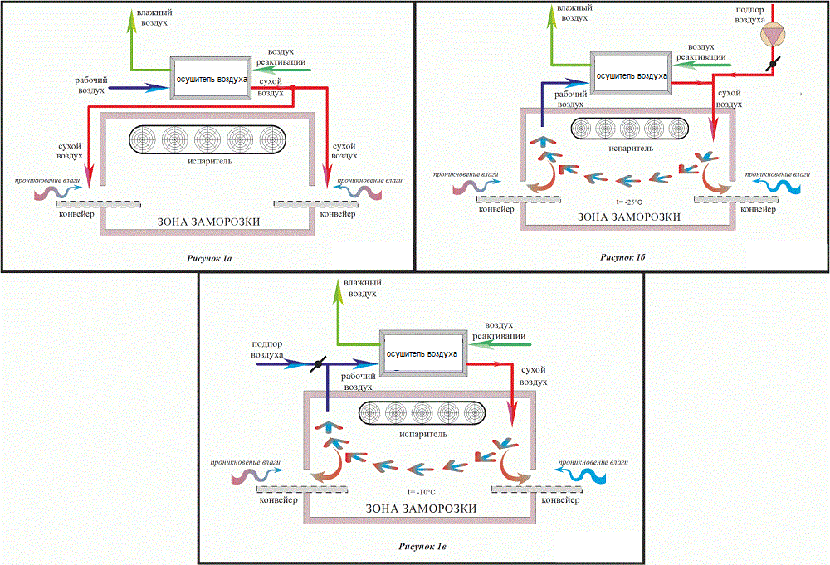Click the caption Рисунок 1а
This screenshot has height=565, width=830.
tap(209, 259)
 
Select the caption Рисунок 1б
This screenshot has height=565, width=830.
tap(622, 257)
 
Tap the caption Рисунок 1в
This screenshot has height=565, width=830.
tap(422, 547)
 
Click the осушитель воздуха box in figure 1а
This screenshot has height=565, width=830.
tap(211, 78)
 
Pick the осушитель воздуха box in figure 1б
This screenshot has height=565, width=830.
tap(632, 74)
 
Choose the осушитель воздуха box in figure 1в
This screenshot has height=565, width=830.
tap(422, 353)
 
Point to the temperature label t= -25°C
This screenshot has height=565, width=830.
tap(629, 202)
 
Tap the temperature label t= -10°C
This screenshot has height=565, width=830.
tap(422, 492)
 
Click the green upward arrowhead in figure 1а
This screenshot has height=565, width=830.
tap(131, 22)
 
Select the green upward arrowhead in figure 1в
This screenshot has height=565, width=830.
tap(338, 293)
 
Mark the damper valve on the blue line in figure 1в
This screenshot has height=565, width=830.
tap(318, 364)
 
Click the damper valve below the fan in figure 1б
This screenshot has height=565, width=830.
tap(772, 64)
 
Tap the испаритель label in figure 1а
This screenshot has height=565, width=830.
tap(210, 161)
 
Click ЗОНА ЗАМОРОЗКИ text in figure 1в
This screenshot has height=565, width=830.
tap(422, 509)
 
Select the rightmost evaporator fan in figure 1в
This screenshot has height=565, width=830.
tap(473, 413)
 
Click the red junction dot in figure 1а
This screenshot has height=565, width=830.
tap(293, 88)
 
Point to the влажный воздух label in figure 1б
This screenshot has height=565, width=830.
tap(574, 12)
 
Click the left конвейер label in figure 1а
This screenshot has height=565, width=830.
tap(76, 214)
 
